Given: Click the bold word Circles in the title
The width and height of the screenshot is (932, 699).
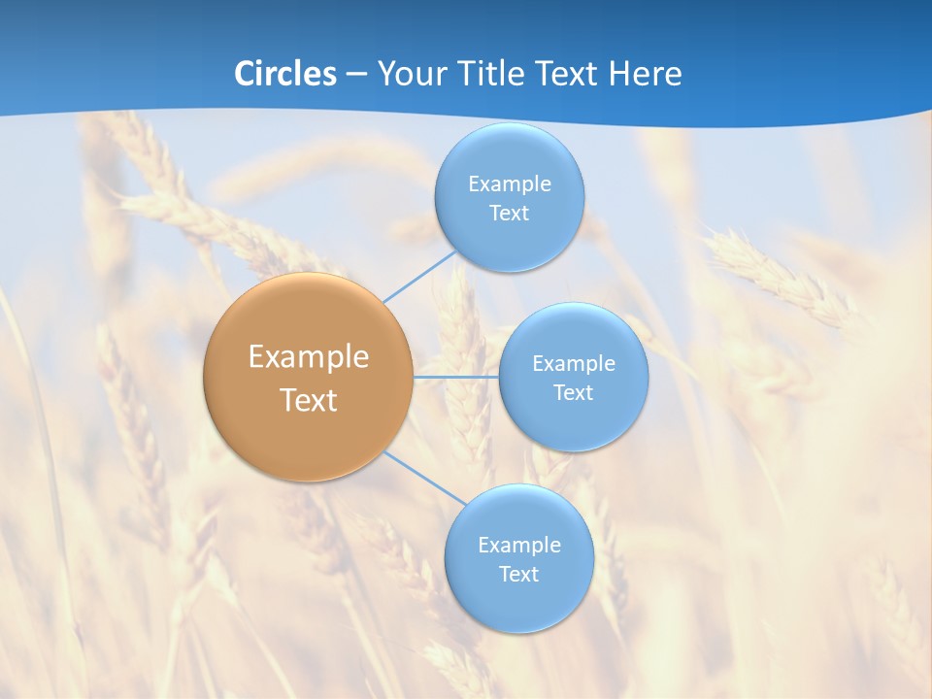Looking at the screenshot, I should [284, 74].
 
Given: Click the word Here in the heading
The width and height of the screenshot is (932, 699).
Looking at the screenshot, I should [645, 74].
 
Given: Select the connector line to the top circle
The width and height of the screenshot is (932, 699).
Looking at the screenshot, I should [418, 277].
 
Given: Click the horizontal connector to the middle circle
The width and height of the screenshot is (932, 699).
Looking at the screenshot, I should [456, 377].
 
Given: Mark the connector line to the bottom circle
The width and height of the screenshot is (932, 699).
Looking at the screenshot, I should [424, 478].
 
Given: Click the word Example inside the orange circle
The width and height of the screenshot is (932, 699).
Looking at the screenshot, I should [309, 356].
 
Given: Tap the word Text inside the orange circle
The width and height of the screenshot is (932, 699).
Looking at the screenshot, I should [309, 400].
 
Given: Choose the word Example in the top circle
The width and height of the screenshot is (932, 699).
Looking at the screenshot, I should [509, 184].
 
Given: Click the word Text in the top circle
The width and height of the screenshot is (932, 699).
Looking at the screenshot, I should [509, 214].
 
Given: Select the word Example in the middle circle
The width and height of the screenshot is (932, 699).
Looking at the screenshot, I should [574, 364].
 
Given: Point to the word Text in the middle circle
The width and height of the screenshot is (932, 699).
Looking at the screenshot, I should [574, 392].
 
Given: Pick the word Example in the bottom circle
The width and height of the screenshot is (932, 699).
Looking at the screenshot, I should [518, 545].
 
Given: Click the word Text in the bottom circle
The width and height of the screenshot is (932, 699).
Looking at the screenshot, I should [518, 574].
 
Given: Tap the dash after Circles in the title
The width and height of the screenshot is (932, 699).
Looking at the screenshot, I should [355, 75].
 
